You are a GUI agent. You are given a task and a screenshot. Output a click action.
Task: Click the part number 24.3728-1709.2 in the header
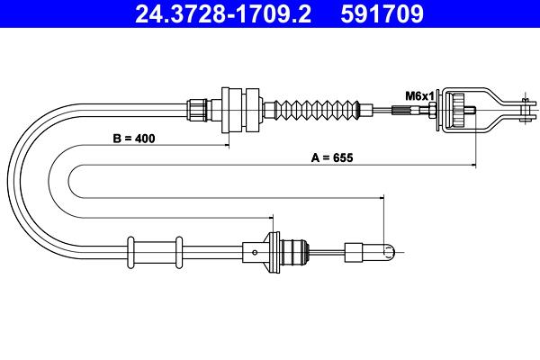[x=223, y=14]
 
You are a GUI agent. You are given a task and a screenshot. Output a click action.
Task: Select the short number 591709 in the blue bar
[x=382, y=14]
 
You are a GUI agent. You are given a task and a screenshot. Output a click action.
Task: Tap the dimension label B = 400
[x=134, y=139]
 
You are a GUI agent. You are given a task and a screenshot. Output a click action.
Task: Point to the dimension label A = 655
[x=332, y=157]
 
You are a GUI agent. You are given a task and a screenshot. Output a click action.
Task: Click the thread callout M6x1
[x=419, y=96]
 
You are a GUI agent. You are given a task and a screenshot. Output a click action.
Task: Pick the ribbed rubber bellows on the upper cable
[x=316, y=112]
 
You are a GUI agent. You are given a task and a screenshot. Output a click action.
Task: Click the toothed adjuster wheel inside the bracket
[x=459, y=110]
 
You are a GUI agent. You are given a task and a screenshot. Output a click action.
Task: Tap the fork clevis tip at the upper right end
[x=526, y=110]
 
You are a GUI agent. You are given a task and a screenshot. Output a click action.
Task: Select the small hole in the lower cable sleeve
[x=255, y=253]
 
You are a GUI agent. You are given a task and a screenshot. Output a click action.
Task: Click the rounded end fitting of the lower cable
[x=389, y=253]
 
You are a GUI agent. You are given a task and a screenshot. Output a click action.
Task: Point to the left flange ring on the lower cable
[x=130, y=253]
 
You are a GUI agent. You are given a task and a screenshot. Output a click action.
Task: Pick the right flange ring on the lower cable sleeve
[x=179, y=253]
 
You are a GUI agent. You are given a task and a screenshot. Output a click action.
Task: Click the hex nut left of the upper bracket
[x=431, y=111]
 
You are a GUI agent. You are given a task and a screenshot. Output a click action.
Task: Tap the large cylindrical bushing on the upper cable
[x=240, y=110]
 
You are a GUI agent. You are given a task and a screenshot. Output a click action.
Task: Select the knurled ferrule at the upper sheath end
[x=197, y=110]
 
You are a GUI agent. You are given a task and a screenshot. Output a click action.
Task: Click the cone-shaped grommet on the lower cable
[x=272, y=253]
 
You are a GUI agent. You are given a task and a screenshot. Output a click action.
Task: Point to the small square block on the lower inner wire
[x=354, y=253]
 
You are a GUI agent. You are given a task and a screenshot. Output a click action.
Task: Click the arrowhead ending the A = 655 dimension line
[x=474, y=166]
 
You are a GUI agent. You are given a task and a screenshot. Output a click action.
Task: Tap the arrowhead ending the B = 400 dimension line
[x=227, y=146]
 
